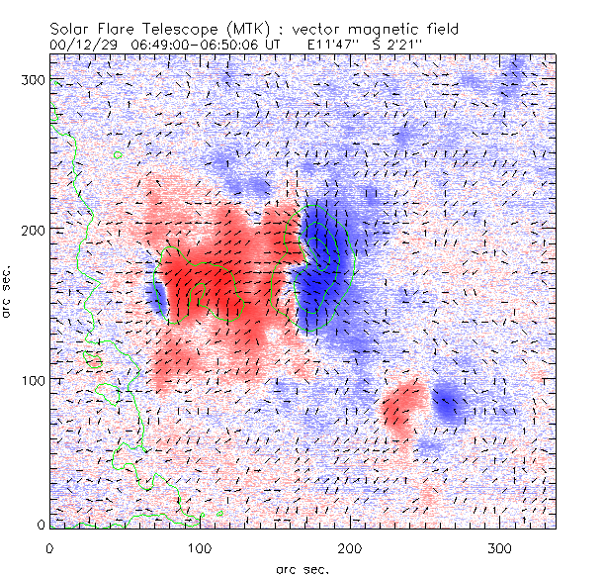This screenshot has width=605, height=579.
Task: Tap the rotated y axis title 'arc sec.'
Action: coord(10,293)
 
